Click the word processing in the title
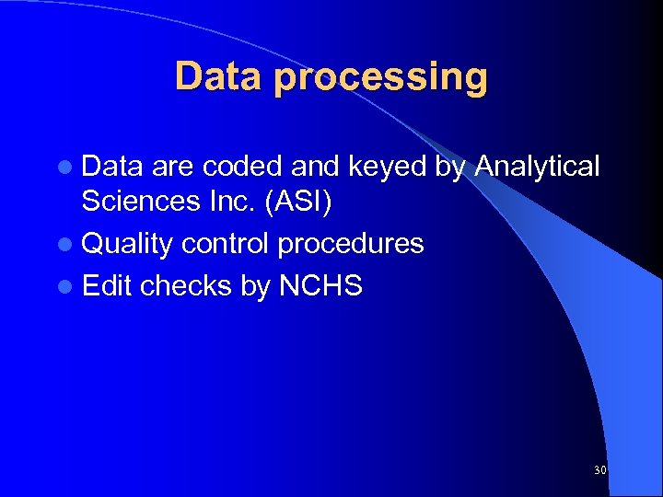[x=380, y=78]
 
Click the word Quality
[x=127, y=245]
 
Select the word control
[x=225, y=244]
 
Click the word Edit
[x=107, y=286]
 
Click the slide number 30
[x=599, y=470]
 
